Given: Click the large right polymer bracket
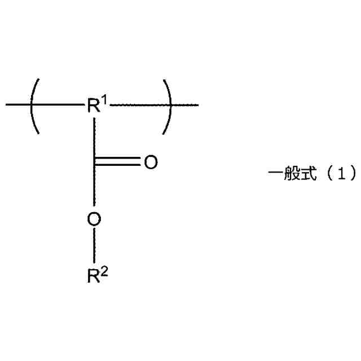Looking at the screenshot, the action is point(168,105).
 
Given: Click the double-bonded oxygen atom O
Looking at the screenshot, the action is point(150,162).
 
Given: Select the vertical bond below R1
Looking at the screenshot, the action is point(94,135).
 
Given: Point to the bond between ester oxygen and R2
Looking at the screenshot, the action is point(94,246).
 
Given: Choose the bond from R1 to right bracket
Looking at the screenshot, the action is point(135,105).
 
